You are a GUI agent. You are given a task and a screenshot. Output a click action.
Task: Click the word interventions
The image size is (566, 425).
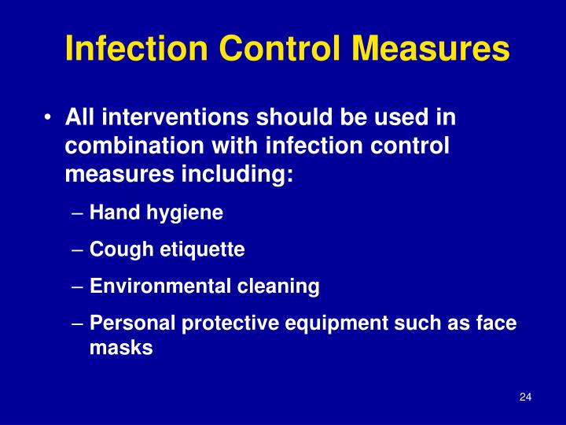pyautogui.click(x=169, y=118)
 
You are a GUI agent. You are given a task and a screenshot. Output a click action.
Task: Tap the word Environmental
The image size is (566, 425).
pyautogui.click(x=160, y=287)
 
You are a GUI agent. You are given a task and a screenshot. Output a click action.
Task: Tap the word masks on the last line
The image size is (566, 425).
pyautogui.click(x=121, y=349)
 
